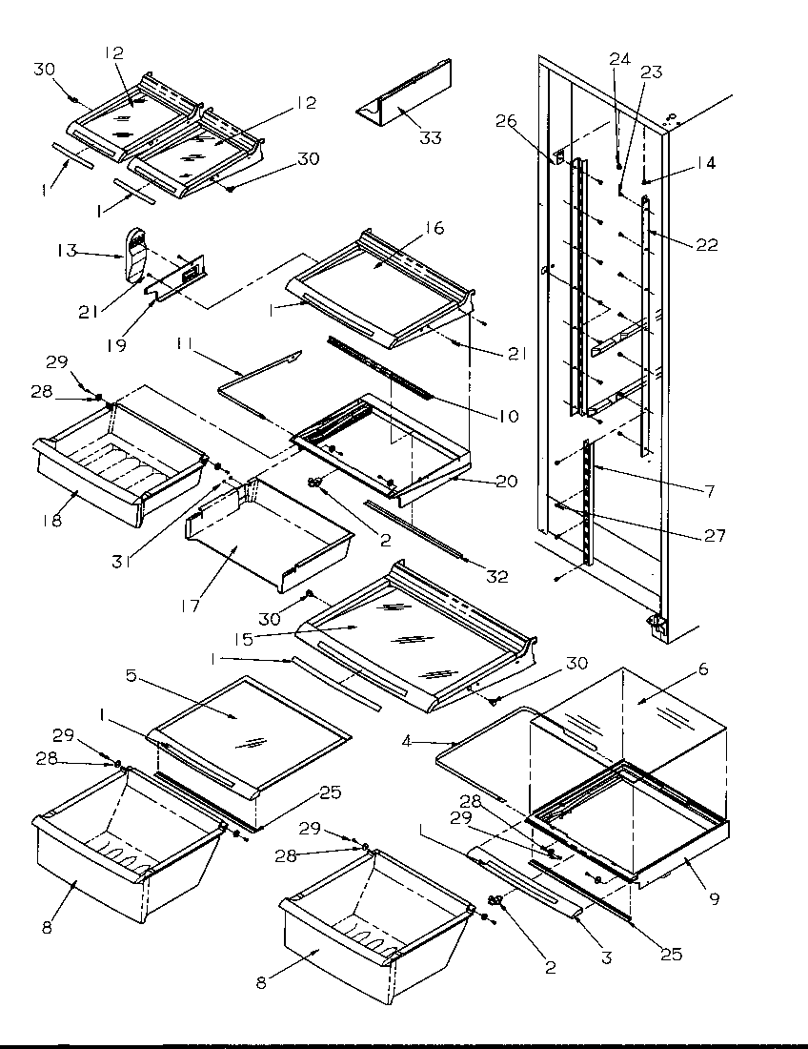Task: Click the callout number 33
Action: click(x=432, y=138)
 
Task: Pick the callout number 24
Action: click(x=619, y=59)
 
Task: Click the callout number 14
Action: click(x=705, y=163)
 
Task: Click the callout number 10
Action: click(x=508, y=416)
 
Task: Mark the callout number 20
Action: click(x=507, y=482)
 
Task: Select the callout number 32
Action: click(x=496, y=577)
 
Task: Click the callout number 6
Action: click(x=703, y=670)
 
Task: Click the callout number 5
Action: click(x=132, y=676)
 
